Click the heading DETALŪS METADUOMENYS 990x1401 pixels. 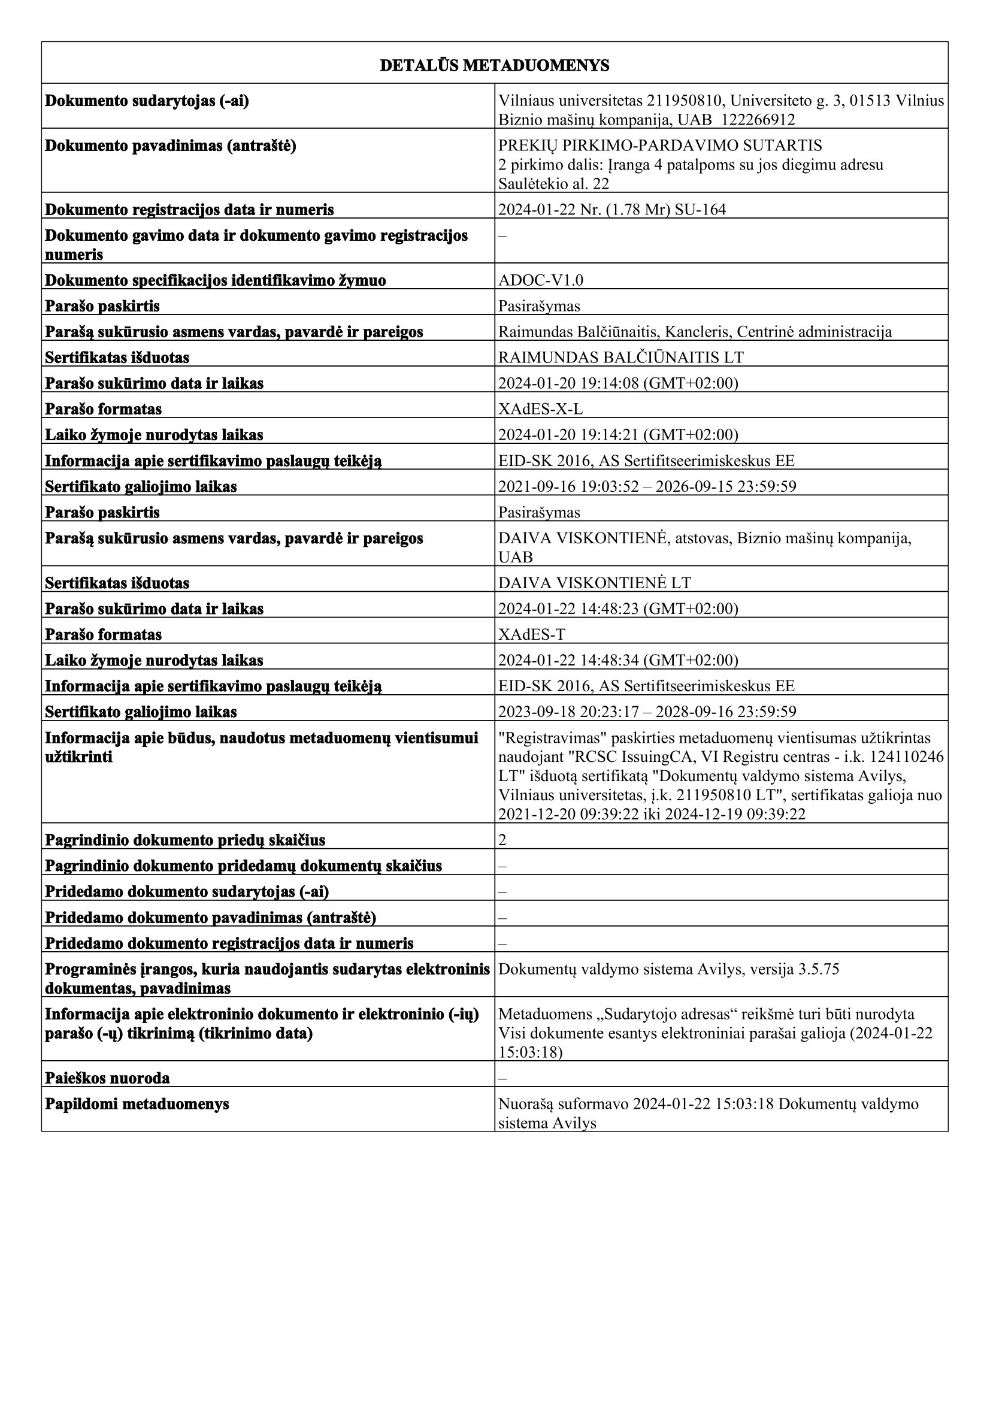(x=494, y=66)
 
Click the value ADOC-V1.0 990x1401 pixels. (x=540, y=281)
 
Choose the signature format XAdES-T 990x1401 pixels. (x=531, y=634)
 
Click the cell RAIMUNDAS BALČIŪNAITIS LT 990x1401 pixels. (x=621, y=358)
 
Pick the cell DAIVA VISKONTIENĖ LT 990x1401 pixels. (x=595, y=583)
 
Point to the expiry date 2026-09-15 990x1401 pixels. (x=689, y=486)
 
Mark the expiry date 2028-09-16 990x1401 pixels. (x=689, y=712)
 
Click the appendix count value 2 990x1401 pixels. (x=502, y=840)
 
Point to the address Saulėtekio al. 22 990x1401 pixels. (x=553, y=184)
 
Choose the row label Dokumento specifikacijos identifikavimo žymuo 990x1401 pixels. (x=216, y=281)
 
